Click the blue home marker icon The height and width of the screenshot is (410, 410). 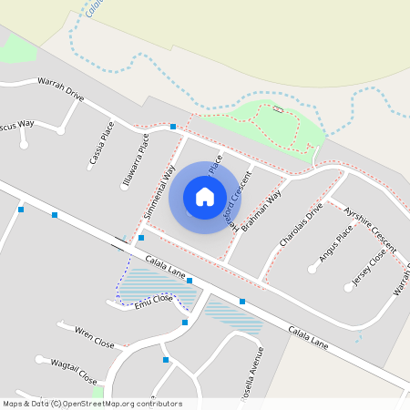pos(205,196)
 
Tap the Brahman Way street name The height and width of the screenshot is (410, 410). pos(261,212)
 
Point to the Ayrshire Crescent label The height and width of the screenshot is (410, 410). pos(370,229)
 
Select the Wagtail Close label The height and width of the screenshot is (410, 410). pos(73,371)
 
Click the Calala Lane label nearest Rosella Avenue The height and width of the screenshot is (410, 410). pos(307,336)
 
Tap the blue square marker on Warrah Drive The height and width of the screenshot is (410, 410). pos(173,126)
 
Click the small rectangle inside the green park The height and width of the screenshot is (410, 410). pos(278,110)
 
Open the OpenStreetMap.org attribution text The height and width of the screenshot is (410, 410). pos(137,404)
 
